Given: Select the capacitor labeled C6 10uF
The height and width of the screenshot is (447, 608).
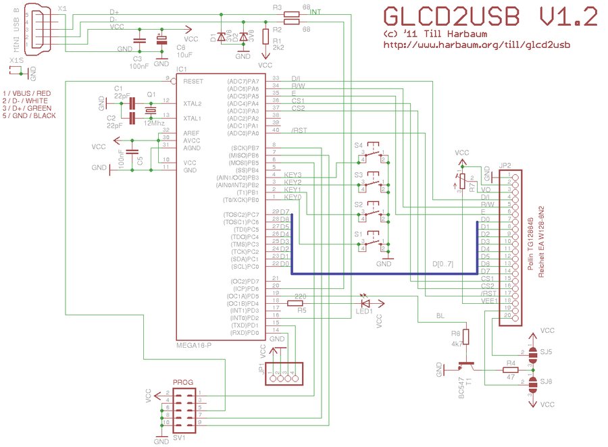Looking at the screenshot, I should point(161,41).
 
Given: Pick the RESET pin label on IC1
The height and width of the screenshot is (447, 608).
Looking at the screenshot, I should point(193,81).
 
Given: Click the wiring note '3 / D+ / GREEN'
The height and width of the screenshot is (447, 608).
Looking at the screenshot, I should point(30,108).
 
